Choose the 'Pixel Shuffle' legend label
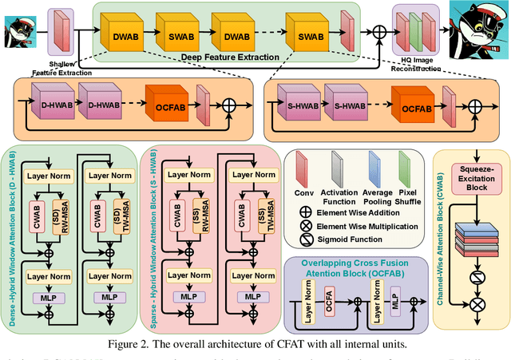pyautogui.click(x=408, y=197)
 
